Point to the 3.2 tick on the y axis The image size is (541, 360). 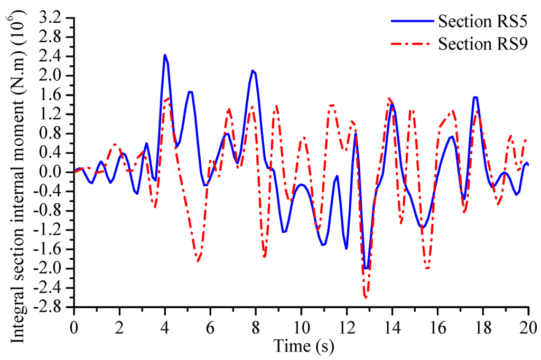coord(55,18)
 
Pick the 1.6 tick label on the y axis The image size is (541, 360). coord(55,96)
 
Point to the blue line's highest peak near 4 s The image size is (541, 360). coord(165,55)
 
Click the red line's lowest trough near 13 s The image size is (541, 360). coord(365,297)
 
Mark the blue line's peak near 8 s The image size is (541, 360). coord(253,71)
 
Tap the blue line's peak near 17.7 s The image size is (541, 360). coord(475,97)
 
